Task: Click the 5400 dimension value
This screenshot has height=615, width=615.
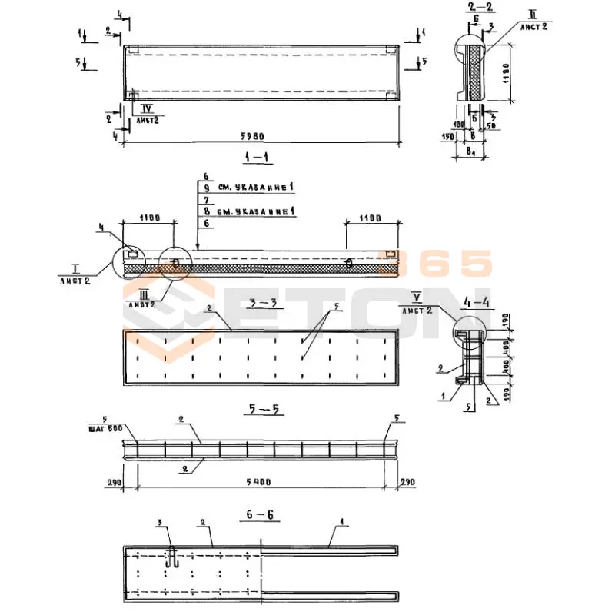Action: (259, 481)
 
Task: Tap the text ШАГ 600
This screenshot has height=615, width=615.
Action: (114, 429)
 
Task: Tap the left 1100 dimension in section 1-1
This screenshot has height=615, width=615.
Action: (150, 218)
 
